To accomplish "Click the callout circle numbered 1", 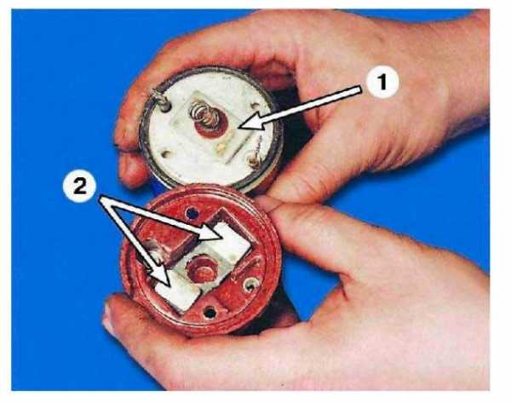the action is pos(382,82).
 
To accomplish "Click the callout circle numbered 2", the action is pos(80,187).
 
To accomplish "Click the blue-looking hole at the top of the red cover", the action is pos(192,214).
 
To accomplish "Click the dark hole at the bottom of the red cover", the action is pos(210,313).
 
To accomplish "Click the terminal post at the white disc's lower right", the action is pos(254,161).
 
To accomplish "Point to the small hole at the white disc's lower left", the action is pos(167,153).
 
